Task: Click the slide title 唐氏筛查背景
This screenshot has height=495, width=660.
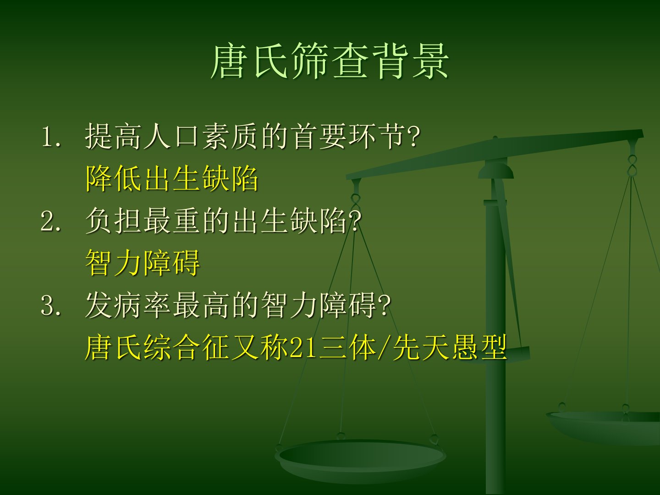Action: [330, 61]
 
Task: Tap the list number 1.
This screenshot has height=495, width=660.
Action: [51, 137]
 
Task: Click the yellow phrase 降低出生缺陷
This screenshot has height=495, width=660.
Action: [172, 179]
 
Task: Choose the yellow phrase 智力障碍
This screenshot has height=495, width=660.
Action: [143, 263]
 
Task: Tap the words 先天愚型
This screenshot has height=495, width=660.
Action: [450, 347]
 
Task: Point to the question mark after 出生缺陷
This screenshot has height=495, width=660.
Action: [354, 221]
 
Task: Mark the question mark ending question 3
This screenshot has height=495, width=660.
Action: [383, 306]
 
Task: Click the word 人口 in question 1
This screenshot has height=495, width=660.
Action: [171, 137]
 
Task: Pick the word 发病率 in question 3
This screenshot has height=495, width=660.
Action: [128, 305]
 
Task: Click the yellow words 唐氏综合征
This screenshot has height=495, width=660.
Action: [156, 347]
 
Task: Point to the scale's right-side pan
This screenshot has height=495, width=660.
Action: [603, 427]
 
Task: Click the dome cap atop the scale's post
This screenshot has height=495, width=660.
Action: [495, 170]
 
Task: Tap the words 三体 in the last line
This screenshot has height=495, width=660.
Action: [347, 347]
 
